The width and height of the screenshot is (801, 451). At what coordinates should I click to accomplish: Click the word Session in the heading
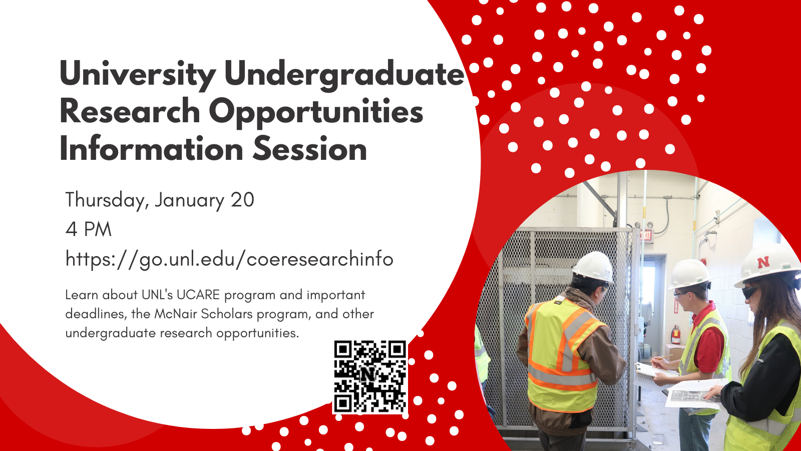[310, 148]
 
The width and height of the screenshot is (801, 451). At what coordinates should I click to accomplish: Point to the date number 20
[242, 200]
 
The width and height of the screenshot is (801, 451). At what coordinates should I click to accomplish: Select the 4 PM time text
[88, 229]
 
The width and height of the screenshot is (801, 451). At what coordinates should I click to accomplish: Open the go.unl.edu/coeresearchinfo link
[229, 259]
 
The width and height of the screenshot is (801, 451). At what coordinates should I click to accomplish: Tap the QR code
[370, 377]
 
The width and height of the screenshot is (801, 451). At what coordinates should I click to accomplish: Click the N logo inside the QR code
[368, 374]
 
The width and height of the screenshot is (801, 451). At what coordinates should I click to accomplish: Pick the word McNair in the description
[176, 314]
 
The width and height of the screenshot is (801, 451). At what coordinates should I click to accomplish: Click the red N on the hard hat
[763, 263]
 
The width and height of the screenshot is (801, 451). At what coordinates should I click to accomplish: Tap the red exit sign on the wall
[646, 235]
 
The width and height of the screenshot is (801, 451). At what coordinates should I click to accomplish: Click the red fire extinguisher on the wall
[675, 335]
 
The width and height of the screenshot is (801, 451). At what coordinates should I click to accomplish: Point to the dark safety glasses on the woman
[750, 293]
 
